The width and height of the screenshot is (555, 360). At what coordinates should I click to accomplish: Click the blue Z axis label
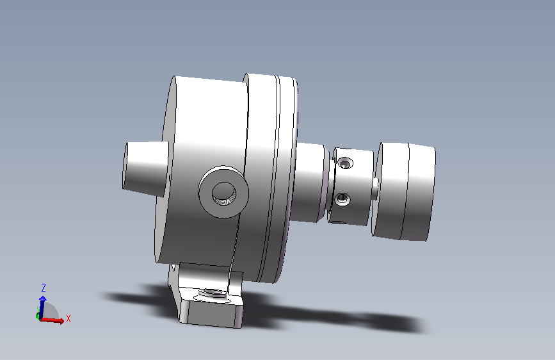pyautogui.click(x=44, y=288)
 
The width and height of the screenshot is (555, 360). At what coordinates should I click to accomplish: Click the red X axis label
pyautogui.click(x=68, y=318)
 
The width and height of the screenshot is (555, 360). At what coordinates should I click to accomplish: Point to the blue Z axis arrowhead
pyautogui.click(x=43, y=299)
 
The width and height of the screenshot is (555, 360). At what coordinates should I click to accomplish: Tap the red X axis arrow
pyautogui.click(x=52, y=320)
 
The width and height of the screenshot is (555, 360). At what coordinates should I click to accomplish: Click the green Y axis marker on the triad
pyautogui.click(x=38, y=315)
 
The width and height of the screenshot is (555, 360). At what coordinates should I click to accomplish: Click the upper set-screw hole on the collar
pyautogui.click(x=345, y=164)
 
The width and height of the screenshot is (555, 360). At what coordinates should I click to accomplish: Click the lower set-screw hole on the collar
pyautogui.click(x=342, y=199)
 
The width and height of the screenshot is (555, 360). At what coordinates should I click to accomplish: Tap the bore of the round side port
pyautogui.click(x=223, y=193)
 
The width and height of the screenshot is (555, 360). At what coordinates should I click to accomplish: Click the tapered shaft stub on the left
pyautogui.click(x=145, y=169)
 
